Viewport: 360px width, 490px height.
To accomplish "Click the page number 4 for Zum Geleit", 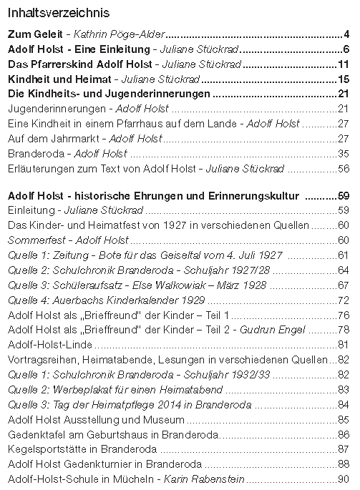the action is click(346, 34).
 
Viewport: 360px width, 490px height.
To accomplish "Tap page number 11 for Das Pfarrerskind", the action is click(343, 64).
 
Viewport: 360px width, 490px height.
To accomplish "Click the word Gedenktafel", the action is click(34, 434).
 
